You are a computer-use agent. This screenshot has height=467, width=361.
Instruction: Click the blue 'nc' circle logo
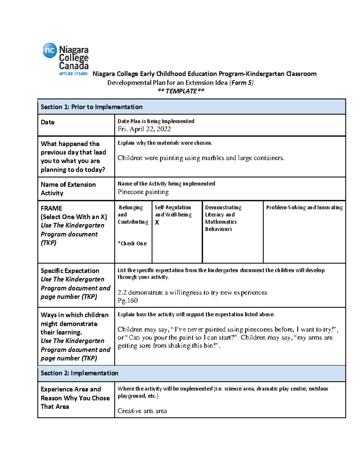[x=50, y=50]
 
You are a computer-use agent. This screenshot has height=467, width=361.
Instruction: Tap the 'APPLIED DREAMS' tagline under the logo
[x=74, y=74]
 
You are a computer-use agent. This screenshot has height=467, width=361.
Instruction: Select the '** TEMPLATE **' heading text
[x=181, y=91]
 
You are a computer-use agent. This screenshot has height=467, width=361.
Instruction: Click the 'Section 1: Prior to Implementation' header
[x=91, y=107]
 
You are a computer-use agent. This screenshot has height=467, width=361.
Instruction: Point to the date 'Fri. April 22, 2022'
[x=144, y=129]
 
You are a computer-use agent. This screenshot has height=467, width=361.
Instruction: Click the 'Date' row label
[x=48, y=122]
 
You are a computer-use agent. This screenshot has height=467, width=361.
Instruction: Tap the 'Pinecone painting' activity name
[x=143, y=192]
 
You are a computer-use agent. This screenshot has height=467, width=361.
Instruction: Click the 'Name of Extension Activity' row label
[x=68, y=189]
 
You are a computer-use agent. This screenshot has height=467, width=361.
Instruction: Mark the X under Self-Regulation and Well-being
[x=157, y=223]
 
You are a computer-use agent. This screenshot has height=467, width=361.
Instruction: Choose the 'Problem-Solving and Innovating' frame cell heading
[x=304, y=207]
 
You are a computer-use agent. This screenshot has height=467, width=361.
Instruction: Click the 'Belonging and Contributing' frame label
[x=133, y=215]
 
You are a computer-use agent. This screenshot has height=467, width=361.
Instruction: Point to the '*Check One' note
[x=132, y=244]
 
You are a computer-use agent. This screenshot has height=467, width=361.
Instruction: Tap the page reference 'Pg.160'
[x=128, y=300]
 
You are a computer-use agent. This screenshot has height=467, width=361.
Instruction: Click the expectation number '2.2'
[x=122, y=293]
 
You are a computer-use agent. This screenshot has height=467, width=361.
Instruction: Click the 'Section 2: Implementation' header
[x=79, y=373]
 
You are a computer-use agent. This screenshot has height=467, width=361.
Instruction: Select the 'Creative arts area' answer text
[x=142, y=411]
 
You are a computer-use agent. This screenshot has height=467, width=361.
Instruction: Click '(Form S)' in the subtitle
[x=241, y=83]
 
